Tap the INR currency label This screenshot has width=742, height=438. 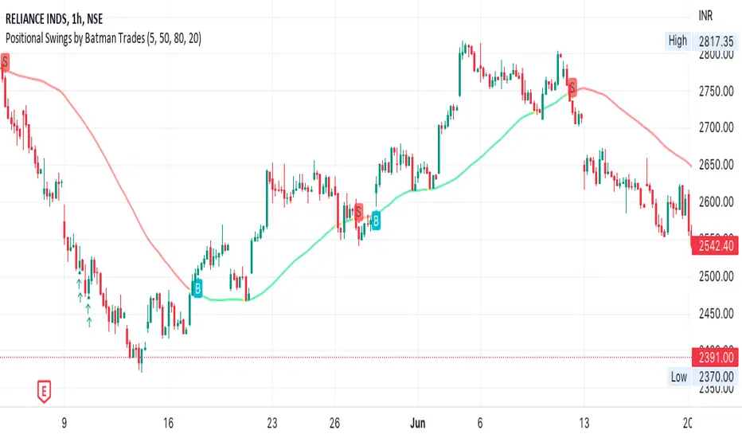click(705, 15)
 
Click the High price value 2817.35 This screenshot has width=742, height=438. click(715, 41)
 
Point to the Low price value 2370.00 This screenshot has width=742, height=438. click(715, 377)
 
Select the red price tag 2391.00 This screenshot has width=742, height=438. click(715, 358)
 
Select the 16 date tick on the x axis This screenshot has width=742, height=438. click(167, 423)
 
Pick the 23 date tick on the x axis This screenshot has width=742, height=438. click(272, 423)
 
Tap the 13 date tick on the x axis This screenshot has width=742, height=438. click(583, 423)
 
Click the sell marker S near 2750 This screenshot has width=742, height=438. click(572, 83)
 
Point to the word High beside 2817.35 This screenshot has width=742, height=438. click(678, 41)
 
